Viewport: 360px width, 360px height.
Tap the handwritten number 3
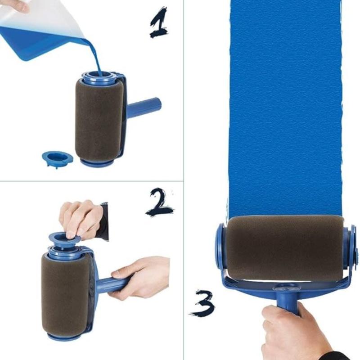tap(201, 302)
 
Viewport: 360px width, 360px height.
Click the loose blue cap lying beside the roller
tap(57, 158)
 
